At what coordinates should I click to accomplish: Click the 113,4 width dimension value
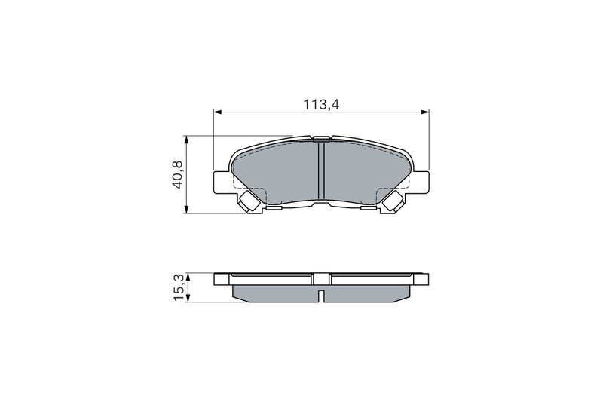coord(321,104)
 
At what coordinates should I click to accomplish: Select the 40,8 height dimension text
coord(178,174)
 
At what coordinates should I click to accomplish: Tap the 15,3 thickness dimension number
coord(179,289)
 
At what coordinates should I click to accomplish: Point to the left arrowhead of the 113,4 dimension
coord(218,112)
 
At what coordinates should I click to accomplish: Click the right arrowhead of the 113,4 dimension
coord(424,112)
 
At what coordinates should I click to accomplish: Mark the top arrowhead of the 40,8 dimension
coord(186,140)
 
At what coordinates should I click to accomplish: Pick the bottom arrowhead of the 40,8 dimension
coord(186,208)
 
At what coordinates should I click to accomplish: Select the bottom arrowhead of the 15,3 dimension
coord(188,298)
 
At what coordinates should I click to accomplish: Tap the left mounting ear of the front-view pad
coord(221,183)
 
